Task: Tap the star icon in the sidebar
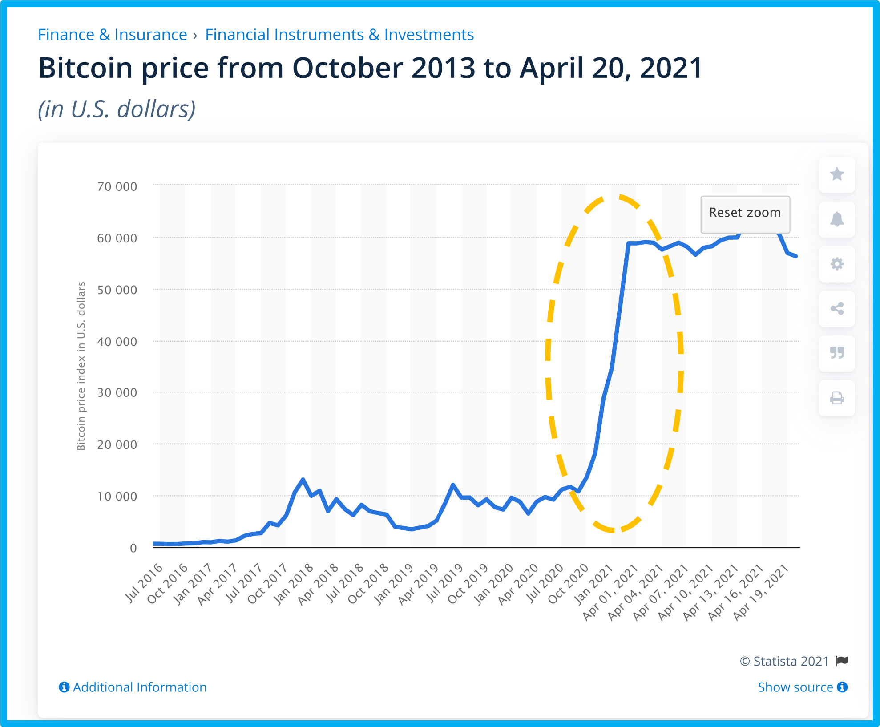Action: click(837, 174)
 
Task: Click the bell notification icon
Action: click(837, 219)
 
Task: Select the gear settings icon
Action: click(837, 264)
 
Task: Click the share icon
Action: click(837, 309)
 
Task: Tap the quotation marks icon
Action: click(837, 353)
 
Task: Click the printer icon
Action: click(837, 398)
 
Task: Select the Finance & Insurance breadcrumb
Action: click(113, 35)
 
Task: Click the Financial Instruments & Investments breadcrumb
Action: click(339, 35)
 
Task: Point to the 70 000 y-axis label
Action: click(117, 186)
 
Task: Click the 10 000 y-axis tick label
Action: click(117, 496)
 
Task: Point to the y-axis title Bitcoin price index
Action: click(81, 366)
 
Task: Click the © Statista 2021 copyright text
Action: click(784, 661)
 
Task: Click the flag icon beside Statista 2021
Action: click(842, 661)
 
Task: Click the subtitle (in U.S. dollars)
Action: click(117, 109)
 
